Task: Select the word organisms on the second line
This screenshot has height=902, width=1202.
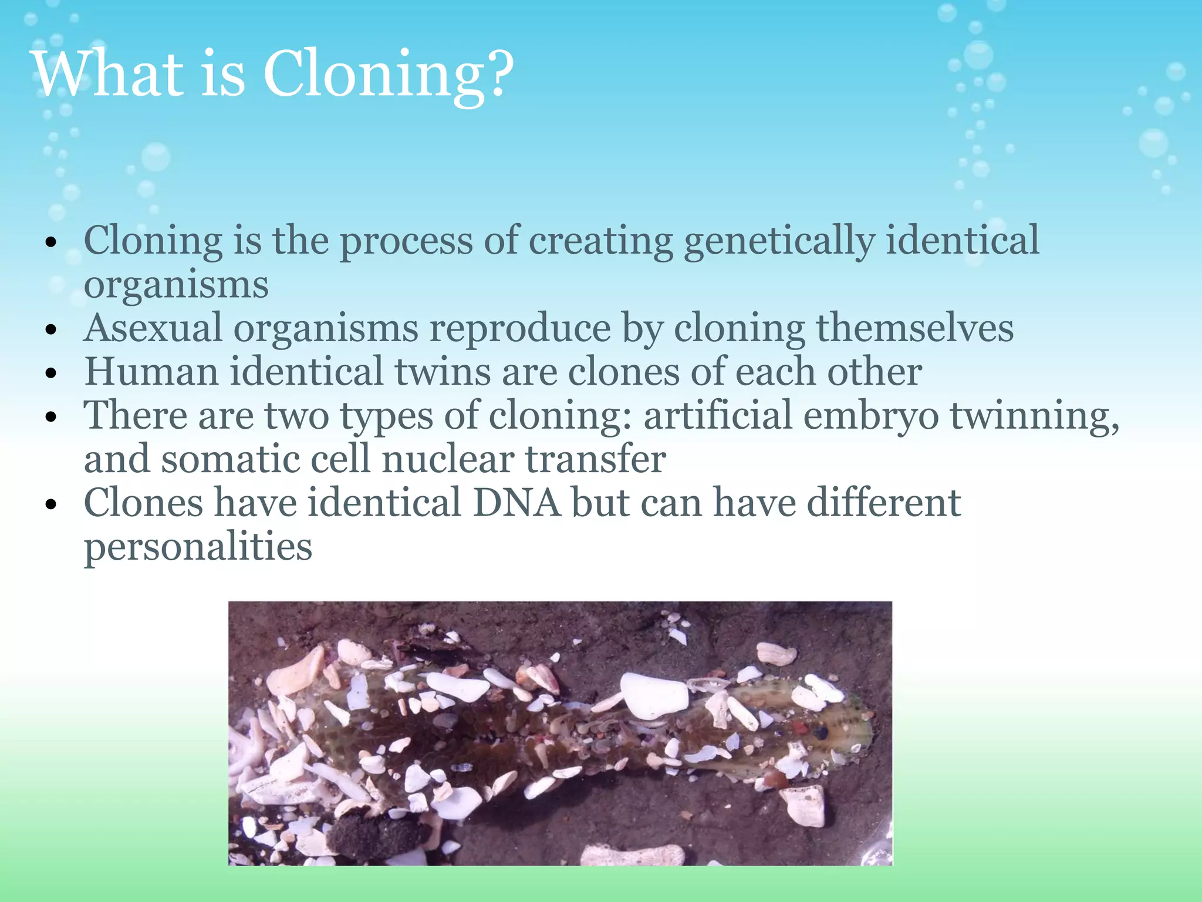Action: pos(176,285)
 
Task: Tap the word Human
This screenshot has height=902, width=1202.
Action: pos(151,372)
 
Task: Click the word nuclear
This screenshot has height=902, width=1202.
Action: pos(447,459)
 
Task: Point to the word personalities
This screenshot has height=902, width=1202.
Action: pos(198,547)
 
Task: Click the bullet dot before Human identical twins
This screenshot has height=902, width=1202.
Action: pos(52,373)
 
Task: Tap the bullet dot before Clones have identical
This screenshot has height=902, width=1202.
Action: pos(52,504)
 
